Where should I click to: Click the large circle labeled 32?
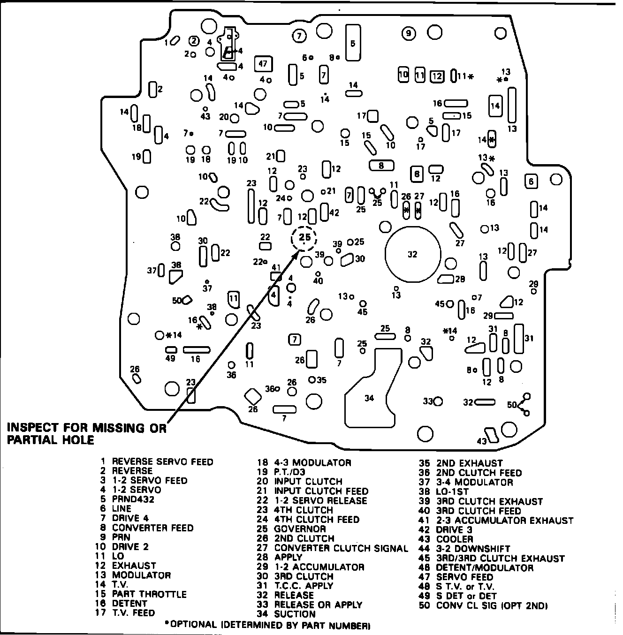tap(413, 254)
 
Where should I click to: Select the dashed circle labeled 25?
tap(304, 238)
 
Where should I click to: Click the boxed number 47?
tap(263, 64)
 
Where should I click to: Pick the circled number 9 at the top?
tap(409, 33)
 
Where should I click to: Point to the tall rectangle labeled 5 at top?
tap(353, 43)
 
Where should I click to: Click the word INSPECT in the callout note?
tap(32, 428)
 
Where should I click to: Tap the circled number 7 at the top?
tap(299, 35)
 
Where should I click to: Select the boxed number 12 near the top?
tap(437, 76)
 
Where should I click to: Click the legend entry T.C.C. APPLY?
tap(304, 586)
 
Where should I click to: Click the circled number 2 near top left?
tap(194, 41)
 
